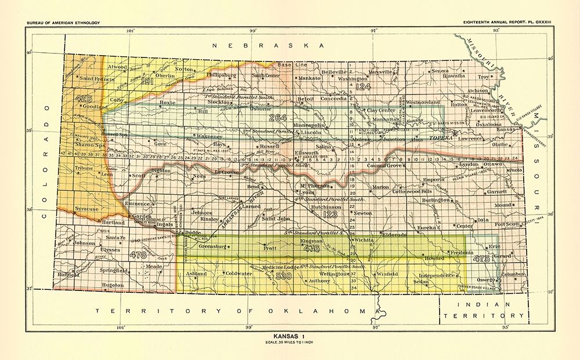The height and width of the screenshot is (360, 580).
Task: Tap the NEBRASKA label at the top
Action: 267,45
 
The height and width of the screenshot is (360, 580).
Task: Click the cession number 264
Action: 278,118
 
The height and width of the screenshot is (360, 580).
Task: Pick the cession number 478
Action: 138,254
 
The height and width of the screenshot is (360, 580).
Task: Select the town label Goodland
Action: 95,107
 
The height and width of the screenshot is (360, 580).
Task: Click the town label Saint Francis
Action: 95,78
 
